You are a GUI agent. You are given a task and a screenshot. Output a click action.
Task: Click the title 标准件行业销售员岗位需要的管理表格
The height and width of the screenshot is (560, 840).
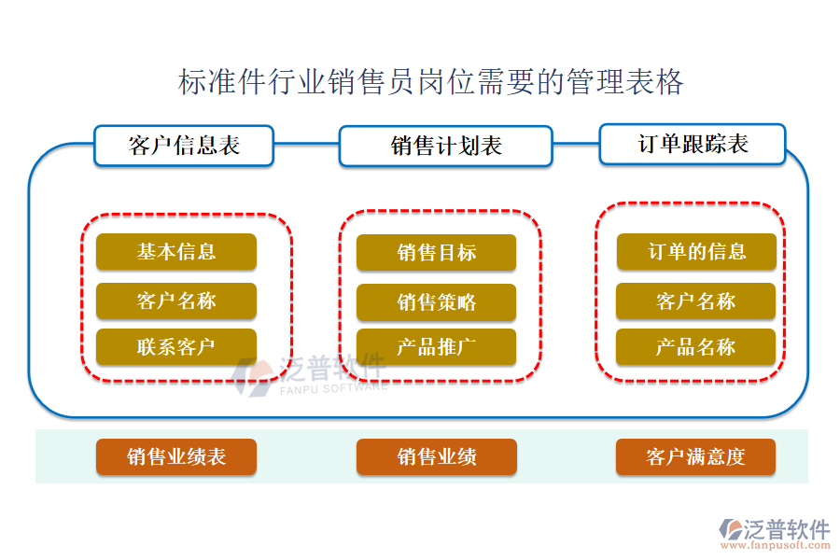tap(430, 82)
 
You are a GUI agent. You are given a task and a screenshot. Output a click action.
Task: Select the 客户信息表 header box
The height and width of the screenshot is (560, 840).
tap(184, 146)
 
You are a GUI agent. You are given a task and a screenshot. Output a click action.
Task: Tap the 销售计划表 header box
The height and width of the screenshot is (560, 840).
tap(445, 147)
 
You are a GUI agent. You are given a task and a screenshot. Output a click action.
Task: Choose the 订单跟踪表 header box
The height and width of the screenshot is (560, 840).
tap(693, 144)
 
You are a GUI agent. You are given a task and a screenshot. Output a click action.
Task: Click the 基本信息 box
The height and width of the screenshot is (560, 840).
tap(175, 251)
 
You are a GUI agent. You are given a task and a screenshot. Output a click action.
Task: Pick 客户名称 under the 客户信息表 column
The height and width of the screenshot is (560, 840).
tap(175, 301)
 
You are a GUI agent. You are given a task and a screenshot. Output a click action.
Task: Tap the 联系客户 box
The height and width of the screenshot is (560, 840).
tap(175, 346)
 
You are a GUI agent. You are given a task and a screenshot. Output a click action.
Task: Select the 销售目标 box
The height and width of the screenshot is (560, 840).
tap(436, 252)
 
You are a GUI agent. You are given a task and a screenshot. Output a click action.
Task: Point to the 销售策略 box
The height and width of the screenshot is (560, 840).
tap(436, 301)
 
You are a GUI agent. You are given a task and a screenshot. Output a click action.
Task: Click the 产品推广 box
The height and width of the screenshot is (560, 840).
tap(436, 346)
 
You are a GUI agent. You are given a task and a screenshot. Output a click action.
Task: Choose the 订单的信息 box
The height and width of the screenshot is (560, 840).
tap(696, 251)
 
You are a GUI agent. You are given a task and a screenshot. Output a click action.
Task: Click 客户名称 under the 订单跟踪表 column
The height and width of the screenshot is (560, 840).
tap(696, 301)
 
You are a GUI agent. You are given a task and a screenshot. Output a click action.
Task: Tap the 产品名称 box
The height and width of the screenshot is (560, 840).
tap(696, 346)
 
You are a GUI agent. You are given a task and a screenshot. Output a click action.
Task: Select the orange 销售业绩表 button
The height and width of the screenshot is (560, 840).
tap(175, 456)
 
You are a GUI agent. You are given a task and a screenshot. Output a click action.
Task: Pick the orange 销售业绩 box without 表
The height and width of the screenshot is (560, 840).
tap(436, 456)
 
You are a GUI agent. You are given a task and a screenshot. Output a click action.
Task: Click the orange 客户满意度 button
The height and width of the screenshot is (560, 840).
tap(696, 456)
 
